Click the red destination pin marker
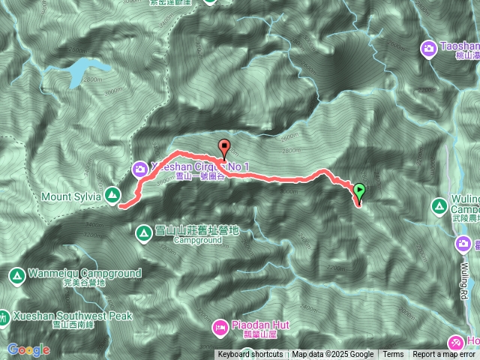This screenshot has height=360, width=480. [223, 148]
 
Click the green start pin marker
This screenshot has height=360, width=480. [359, 191]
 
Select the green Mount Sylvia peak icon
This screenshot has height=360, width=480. [112, 196]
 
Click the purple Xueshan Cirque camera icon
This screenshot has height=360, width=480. [140, 169]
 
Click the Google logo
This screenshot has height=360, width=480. [28, 349]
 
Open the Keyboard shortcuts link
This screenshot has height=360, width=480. [250, 355]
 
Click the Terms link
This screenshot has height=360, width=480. [393, 355]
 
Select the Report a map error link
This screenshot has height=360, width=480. [444, 355]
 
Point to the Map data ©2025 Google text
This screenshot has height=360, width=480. [333, 355]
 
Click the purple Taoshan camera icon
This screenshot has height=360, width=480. [428, 48]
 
